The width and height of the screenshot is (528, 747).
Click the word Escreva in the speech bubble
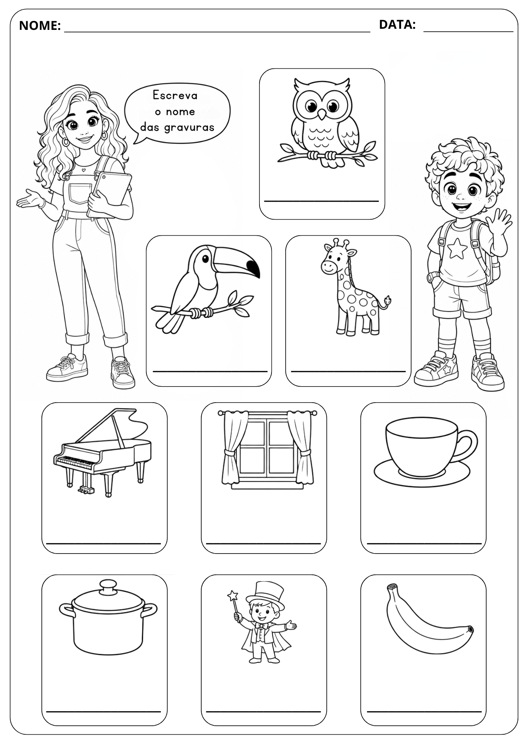point(175,95)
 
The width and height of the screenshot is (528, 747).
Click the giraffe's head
point(333,258)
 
